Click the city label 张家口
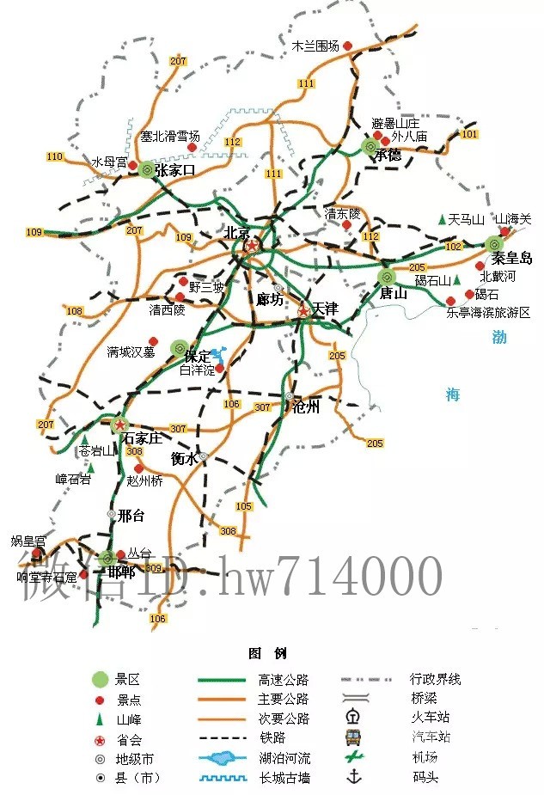[176, 171]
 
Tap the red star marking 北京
[252, 247]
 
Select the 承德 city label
[388, 156]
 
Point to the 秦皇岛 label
[512, 259]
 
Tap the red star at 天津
[304, 310]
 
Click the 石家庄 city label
[143, 438]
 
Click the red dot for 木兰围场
[348, 46]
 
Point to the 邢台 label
[131, 516]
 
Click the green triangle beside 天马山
[442, 220]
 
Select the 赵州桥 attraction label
[144, 481]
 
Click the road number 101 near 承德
[468, 134]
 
